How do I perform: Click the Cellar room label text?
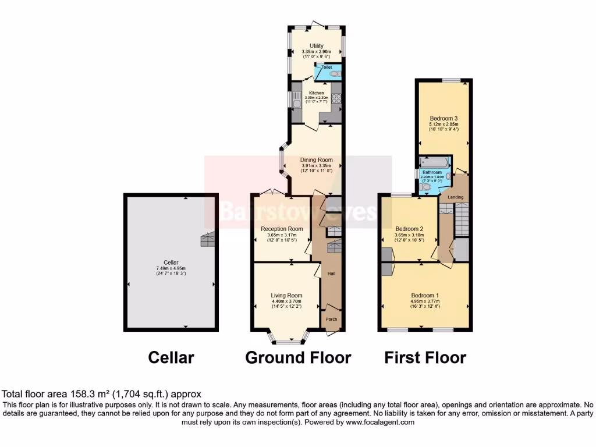[171, 262]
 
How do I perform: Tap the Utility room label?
[317, 46]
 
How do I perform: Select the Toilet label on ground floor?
[327, 68]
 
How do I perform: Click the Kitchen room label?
[317, 93]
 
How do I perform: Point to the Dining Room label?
[317, 159]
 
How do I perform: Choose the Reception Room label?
[282, 229]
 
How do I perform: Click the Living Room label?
[286, 295]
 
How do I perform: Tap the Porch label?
[331, 319]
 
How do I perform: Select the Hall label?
[331, 274]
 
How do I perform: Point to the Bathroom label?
[432, 173]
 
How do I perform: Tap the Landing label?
[455, 197]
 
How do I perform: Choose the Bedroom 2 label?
[409, 229]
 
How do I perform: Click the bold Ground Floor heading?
[298, 357]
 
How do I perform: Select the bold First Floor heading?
[425, 357]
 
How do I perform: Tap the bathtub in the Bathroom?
[434, 161]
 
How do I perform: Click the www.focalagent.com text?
[380, 423]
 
